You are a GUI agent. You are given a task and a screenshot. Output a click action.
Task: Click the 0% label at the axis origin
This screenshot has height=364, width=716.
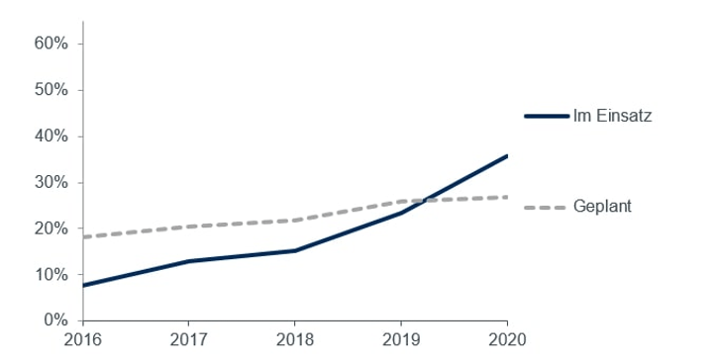[55, 320]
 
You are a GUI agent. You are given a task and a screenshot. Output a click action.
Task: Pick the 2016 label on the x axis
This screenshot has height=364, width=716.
[83, 340]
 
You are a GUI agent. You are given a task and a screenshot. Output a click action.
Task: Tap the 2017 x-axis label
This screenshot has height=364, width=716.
[189, 340]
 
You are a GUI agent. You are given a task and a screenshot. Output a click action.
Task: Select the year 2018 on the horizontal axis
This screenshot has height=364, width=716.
[295, 340]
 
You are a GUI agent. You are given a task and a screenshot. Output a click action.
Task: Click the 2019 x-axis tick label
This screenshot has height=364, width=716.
[401, 340]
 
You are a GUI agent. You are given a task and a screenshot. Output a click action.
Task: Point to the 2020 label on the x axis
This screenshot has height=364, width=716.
[506, 340]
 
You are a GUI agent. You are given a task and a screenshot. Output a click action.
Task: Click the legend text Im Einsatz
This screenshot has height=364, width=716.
[612, 117]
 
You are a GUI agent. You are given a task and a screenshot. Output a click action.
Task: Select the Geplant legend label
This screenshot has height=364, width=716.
[602, 207]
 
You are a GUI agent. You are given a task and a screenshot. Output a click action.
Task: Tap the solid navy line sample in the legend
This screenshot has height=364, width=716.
[546, 117]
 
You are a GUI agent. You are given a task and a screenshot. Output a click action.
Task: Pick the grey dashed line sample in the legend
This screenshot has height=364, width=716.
[546, 207]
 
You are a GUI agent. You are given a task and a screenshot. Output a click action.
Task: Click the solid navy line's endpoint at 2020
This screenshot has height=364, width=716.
[507, 155]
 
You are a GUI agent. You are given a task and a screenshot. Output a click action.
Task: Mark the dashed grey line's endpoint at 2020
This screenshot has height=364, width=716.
[507, 197]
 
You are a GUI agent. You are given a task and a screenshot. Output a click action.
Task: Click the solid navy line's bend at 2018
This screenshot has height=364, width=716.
[295, 250]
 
